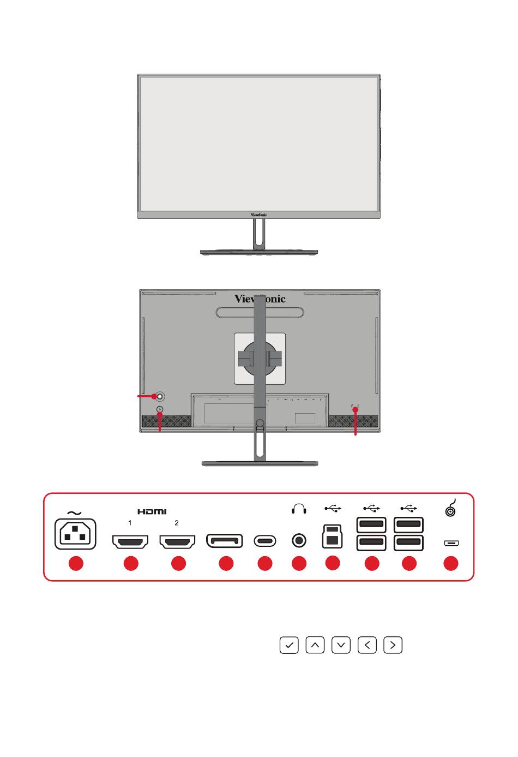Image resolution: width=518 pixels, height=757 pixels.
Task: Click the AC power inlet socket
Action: tap(75, 534)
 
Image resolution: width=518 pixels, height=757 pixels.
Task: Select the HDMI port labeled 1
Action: tap(130, 541)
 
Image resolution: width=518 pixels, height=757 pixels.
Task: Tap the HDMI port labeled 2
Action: tap(177, 541)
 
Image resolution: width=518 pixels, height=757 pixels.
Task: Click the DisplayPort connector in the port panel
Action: tap(224, 541)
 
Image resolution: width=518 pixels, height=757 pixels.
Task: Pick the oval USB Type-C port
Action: tap(265, 541)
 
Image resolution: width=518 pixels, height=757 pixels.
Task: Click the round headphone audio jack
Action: tap(299, 541)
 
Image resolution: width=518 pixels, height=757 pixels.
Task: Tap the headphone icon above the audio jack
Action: tap(299, 509)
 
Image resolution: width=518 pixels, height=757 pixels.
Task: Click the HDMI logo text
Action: tap(152, 511)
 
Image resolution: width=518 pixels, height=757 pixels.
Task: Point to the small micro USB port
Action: tap(451, 543)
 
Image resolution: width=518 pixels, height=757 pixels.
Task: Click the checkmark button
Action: tap(289, 645)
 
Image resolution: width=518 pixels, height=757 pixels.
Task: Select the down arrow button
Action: tap(341, 645)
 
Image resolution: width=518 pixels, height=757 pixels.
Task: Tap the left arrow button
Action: tap(367, 645)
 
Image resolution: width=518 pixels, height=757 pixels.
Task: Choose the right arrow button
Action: tap(393, 645)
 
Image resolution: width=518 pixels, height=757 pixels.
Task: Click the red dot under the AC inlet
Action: tap(76, 563)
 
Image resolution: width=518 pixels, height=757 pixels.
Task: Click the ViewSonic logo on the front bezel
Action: tap(259, 215)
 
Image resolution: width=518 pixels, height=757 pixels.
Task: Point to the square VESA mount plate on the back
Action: tap(260, 358)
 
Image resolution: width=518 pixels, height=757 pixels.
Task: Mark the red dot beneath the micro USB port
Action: tap(450, 563)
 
